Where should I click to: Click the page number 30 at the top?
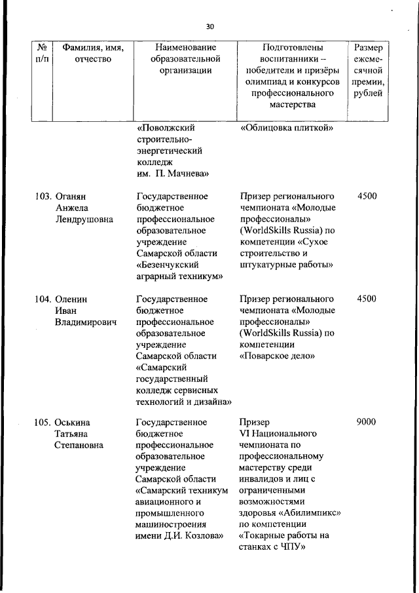209,27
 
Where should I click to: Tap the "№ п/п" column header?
41,53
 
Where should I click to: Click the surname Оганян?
73,196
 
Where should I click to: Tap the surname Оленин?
72,299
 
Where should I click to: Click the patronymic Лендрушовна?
84,220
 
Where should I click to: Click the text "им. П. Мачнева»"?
173,174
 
